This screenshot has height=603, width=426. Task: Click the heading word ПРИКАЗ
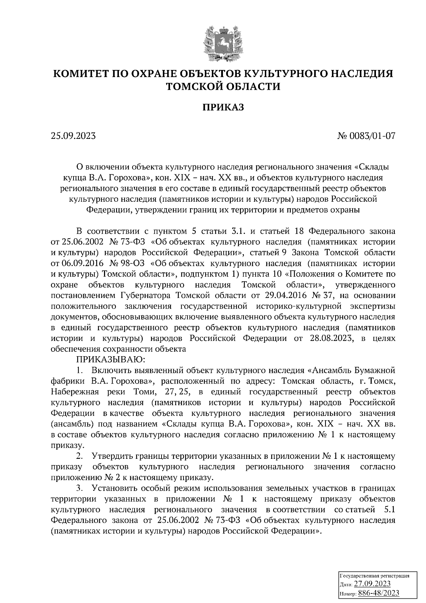[223, 108]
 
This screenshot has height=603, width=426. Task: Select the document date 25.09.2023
[73, 136]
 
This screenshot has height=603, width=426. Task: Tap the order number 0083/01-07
[374, 136]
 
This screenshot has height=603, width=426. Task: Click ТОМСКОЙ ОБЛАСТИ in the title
[223, 86]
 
